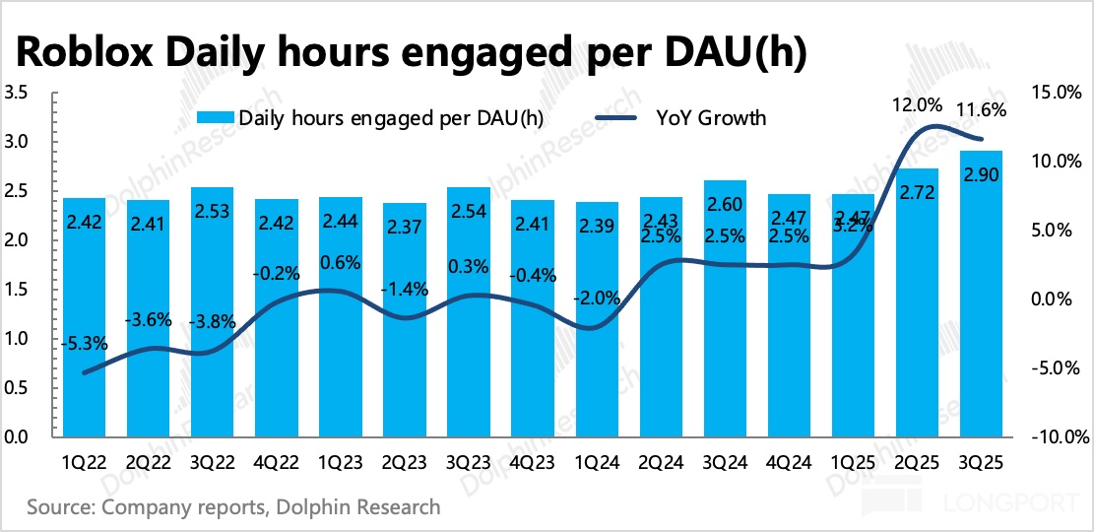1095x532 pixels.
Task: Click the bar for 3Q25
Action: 981,296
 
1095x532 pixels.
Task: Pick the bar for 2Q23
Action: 405,320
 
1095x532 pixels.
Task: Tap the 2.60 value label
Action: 725,204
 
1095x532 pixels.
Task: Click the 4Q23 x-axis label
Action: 533,461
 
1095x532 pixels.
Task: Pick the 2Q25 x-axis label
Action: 917,461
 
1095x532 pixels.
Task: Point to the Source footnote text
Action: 233,508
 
